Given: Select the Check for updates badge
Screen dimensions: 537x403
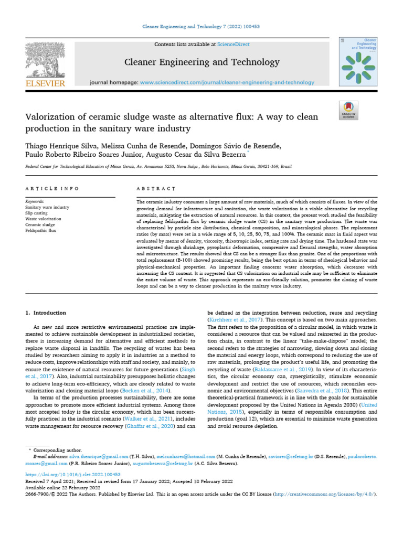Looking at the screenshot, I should click(348, 109).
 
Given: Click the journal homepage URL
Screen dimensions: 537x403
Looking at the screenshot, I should click(227, 82).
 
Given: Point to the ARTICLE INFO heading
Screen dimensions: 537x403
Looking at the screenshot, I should click(52, 188).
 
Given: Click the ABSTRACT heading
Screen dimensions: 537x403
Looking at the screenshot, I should click(156, 188).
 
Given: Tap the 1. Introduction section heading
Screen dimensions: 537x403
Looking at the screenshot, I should click(46, 313).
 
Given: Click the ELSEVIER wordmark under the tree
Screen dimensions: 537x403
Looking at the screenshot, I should click(46, 83).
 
